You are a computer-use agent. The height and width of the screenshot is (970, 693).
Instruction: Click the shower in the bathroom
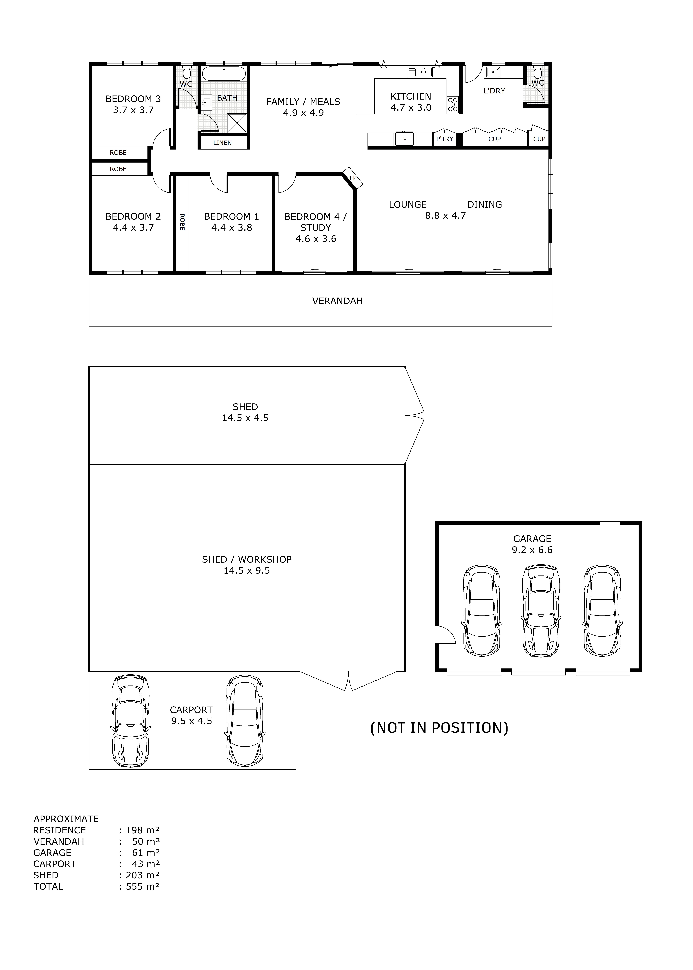point(237,123)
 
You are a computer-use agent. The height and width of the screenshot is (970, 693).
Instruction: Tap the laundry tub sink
point(493,73)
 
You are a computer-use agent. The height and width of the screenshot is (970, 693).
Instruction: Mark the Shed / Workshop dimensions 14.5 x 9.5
point(247,571)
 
